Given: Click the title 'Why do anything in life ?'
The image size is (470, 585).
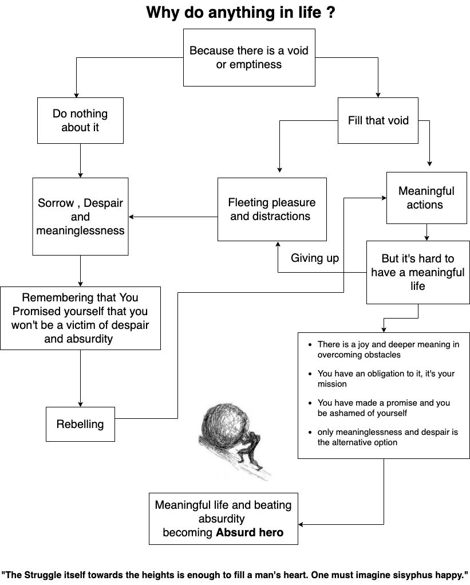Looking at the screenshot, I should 240,13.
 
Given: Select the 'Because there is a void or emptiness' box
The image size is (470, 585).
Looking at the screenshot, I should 249,57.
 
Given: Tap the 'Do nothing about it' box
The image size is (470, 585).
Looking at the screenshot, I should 80,120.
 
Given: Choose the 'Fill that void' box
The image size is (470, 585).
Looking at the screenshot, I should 378,120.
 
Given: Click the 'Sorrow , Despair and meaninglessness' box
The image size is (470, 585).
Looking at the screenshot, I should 80,217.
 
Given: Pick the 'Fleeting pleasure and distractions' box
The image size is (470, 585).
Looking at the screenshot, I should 272,209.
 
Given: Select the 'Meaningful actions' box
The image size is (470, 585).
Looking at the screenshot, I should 426,198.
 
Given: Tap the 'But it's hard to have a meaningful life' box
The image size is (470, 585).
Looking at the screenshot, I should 418,272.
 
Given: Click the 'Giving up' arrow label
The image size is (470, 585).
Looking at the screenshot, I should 315,258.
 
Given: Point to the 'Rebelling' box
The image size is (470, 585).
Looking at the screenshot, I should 80,424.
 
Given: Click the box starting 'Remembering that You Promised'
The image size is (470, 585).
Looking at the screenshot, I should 80,318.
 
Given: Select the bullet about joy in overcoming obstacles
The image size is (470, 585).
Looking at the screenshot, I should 388,350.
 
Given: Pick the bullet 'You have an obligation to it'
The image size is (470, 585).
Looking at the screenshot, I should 386,378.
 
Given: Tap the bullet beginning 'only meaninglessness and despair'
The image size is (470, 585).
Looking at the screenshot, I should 388,437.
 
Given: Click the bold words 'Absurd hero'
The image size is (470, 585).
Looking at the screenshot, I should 250,532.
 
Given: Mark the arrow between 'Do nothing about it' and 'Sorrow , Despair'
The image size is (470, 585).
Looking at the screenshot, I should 80,160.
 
